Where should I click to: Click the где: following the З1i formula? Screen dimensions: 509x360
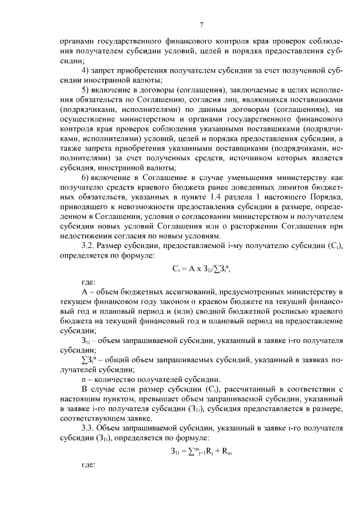click(x=89, y=465)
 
